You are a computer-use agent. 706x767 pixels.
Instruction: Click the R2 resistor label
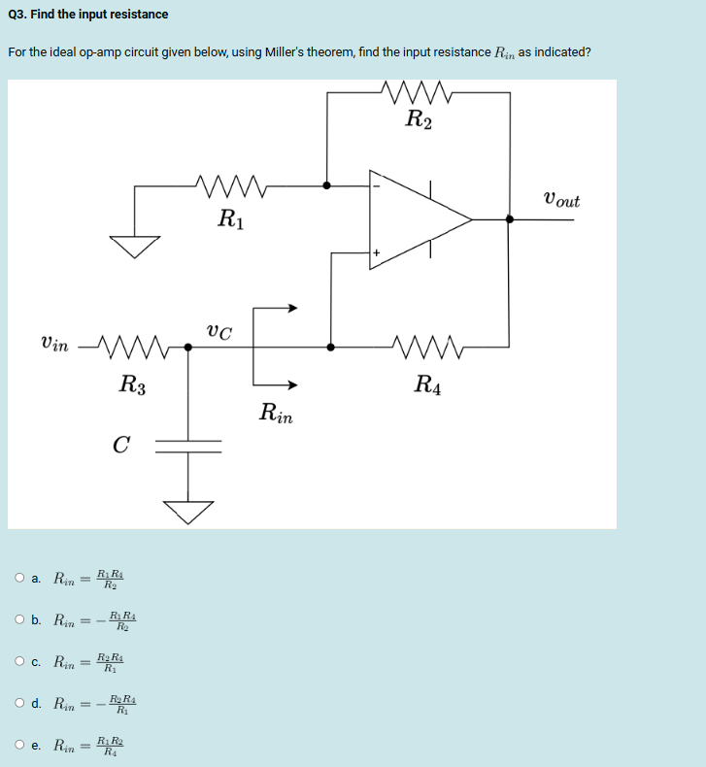point(420,121)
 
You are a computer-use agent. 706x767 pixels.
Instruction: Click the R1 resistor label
point(231,217)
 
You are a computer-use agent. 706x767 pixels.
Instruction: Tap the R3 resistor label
point(132,383)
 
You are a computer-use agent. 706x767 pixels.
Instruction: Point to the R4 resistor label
point(427,383)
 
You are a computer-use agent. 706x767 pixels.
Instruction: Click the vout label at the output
point(560,201)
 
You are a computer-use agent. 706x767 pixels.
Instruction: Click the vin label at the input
point(54,345)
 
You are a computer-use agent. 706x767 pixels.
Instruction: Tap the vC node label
point(219,332)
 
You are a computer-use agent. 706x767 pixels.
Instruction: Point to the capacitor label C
point(120,446)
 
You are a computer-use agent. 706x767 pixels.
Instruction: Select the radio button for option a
point(20,579)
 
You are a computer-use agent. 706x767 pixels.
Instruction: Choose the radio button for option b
point(20,619)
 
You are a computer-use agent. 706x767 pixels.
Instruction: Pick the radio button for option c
point(20,662)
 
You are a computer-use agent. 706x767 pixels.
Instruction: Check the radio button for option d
point(20,703)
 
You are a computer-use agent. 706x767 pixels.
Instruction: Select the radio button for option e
point(20,746)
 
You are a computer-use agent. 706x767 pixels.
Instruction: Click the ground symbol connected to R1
point(134,246)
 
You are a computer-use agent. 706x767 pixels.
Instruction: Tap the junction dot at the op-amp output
point(510,220)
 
